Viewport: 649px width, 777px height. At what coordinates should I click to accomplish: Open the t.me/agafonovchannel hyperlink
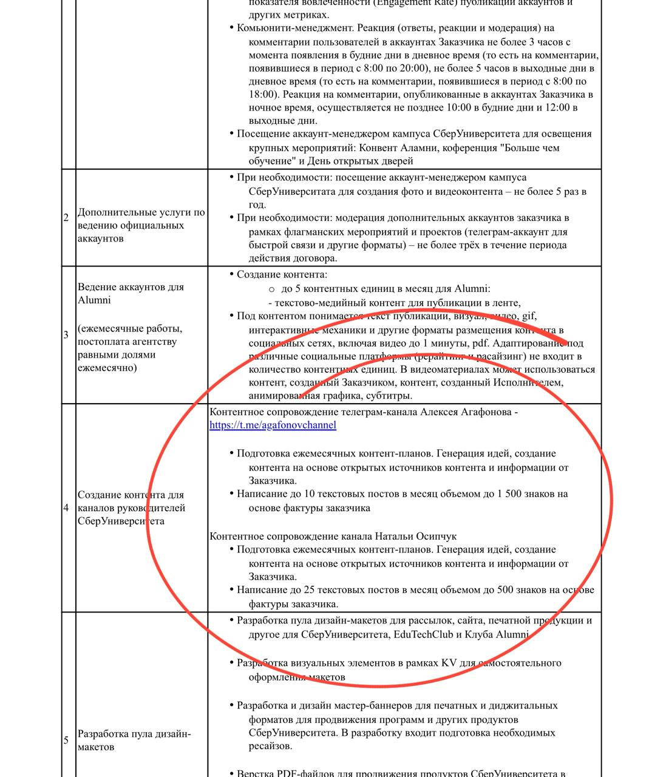[273, 425]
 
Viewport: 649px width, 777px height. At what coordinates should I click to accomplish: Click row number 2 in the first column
[66, 217]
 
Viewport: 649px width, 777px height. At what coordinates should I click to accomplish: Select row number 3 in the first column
[66, 334]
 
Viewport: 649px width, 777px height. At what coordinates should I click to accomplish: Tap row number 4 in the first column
[66, 507]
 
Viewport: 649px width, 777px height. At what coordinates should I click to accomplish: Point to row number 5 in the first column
[66, 740]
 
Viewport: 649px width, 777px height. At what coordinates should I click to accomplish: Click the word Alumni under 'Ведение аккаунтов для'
[95, 300]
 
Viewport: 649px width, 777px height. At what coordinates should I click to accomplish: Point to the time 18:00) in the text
[263, 94]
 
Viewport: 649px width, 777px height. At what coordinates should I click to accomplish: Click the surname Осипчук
[437, 537]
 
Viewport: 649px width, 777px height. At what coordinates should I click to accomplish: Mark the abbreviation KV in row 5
[449, 663]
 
